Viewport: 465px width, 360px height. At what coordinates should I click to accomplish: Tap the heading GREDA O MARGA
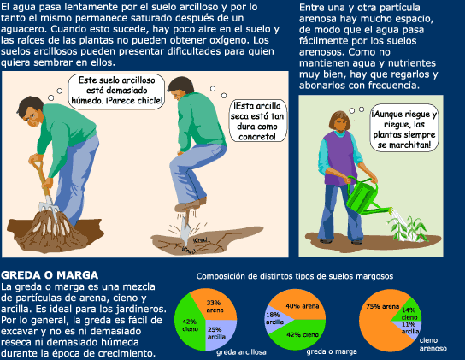click(x=50, y=275)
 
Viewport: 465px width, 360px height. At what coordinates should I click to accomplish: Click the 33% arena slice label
click(x=214, y=306)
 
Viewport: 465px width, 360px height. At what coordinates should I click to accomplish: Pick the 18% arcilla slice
click(x=275, y=319)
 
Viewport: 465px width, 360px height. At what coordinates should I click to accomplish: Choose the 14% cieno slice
click(x=409, y=311)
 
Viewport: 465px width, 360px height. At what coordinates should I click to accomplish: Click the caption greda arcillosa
click(x=241, y=352)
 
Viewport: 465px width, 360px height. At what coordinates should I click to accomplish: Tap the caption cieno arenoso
click(x=433, y=345)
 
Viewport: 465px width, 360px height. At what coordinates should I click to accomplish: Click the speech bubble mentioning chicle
click(x=116, y=91)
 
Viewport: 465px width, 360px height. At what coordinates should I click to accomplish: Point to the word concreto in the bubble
click(x=257, y=137)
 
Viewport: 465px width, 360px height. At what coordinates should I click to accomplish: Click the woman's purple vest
click(x=340, y=158)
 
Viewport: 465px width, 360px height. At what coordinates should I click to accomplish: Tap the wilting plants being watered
click(x=408, y=229)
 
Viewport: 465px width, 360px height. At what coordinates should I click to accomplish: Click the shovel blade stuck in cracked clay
click(x=185, y=228)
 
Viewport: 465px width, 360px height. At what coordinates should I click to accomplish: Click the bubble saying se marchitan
click(x=404, y=128)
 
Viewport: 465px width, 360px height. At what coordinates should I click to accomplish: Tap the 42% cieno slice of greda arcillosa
click(x=189, y=322)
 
